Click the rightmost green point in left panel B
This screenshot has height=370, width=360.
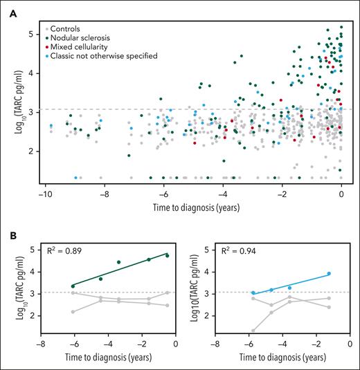[x=167, y=255]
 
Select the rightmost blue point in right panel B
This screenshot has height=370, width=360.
[x=329, y=273]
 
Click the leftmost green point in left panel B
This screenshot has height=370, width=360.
[x=73, y=286]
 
